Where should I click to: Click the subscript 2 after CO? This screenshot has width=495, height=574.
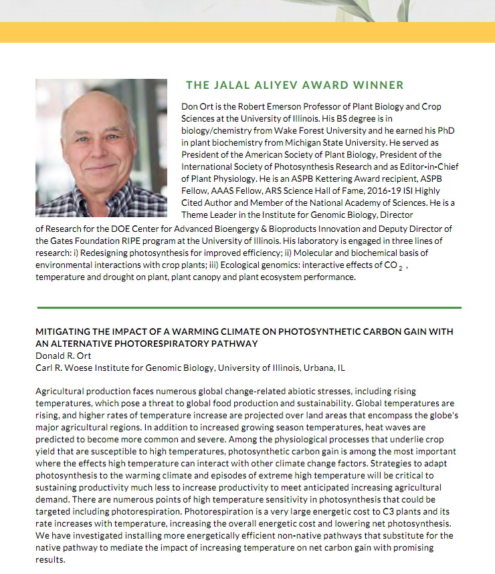click(399, 267)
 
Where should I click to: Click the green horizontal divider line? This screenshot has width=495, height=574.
click(248, 307)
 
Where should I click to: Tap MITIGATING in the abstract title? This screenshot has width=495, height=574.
click(62, 332)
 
